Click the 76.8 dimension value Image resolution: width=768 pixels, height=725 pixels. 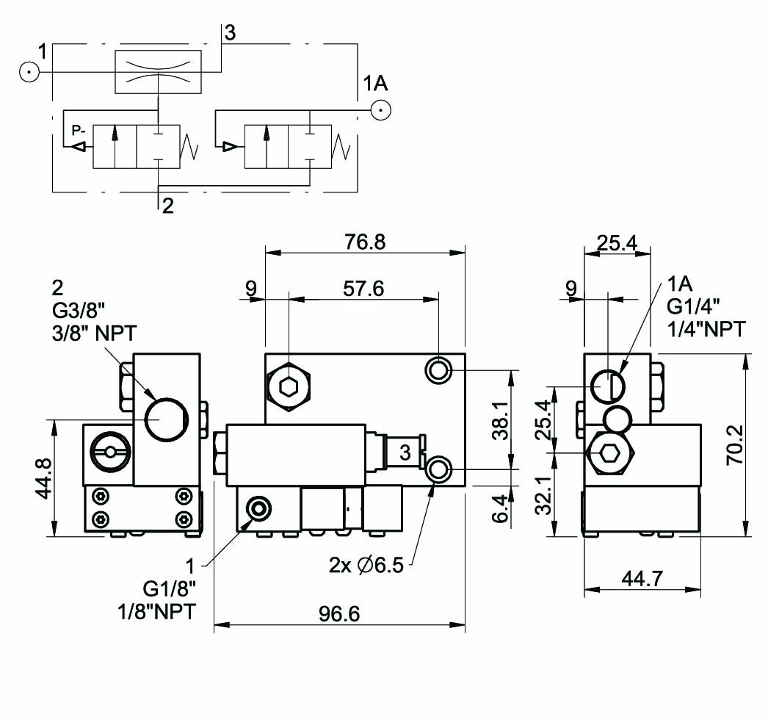coord(365,242)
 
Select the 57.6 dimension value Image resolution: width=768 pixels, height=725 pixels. coord(363,288)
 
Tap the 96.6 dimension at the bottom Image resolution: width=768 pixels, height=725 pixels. coord(338,613)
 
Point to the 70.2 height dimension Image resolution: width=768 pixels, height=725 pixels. coord(736,444)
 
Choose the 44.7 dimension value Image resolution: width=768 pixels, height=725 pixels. coord(642,578)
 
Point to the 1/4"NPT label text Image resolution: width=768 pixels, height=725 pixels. coord(706,329)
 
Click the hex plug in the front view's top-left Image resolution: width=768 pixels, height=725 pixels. coord(290,384)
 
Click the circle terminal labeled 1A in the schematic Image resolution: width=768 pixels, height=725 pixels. coord(380,111)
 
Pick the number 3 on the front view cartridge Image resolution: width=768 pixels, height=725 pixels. coord(405,453)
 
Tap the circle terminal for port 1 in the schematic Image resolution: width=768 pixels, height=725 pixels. coord(29,72)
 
